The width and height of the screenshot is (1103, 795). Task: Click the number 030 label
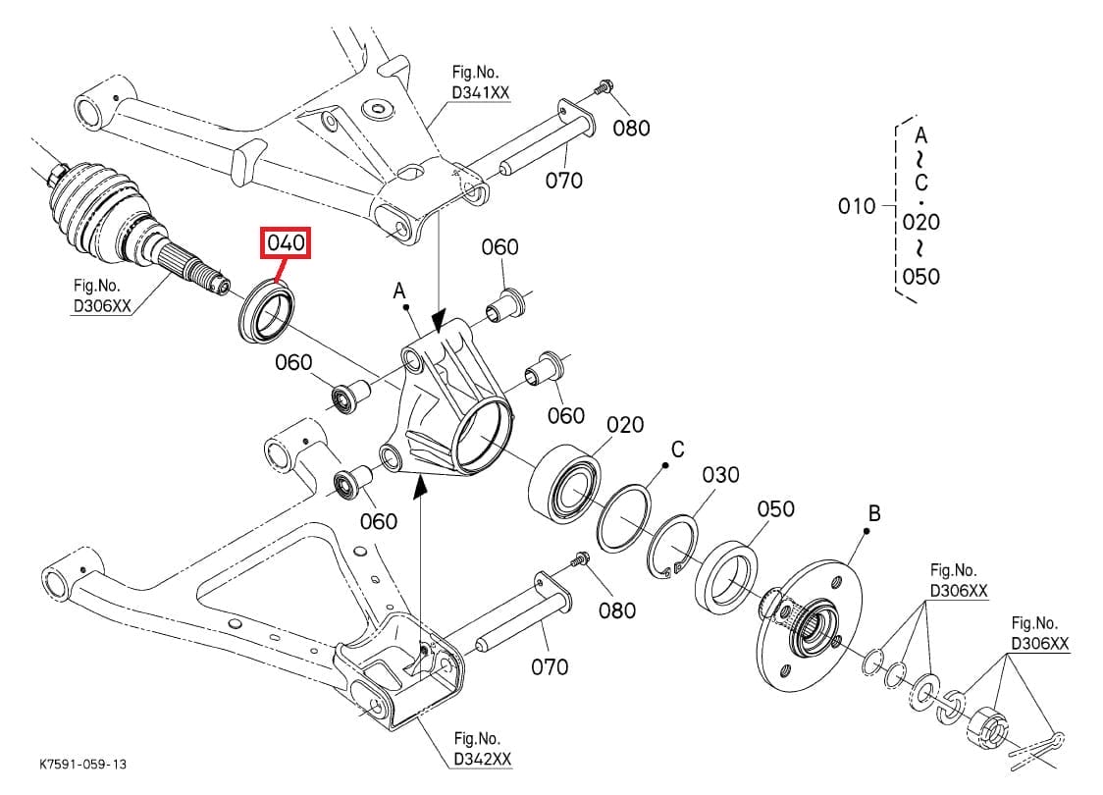point(720,475)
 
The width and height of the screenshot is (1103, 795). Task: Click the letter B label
point(874,513)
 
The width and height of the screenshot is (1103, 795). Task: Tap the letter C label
point(677,450)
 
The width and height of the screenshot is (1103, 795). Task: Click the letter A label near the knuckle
point(399,291)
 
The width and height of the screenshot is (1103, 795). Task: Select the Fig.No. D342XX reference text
point(481,750)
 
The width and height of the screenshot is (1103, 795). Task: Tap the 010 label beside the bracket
point(857,206)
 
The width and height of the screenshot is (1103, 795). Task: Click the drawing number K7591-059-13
point(83,763)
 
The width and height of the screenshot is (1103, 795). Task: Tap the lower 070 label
point(549,667)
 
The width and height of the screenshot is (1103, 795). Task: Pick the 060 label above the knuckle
point(499,246)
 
